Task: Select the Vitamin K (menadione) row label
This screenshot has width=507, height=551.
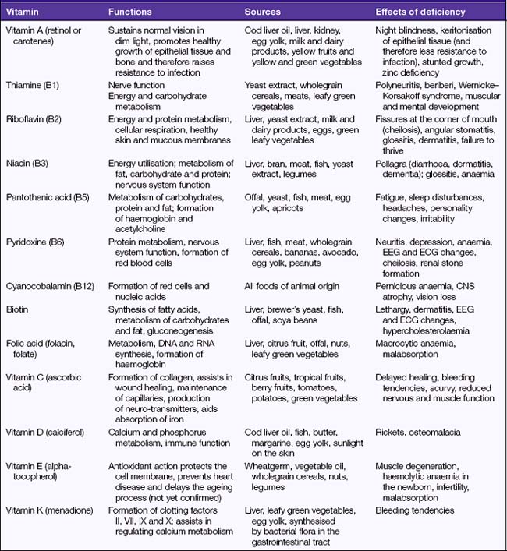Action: point(51,510)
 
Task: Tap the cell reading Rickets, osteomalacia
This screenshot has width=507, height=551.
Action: point(417,431)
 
